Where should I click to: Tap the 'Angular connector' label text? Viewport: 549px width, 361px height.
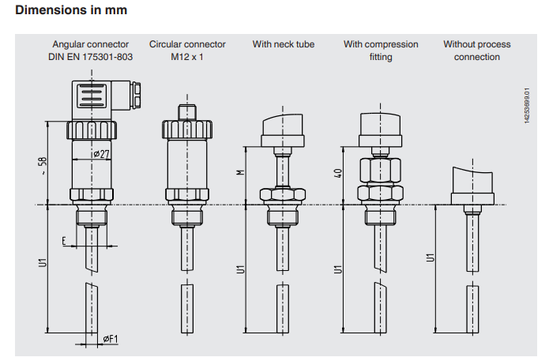[x=91, y=44]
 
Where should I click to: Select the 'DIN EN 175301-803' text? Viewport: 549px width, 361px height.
[x=91, y=57]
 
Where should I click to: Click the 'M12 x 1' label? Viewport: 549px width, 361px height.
[x=187, y=57]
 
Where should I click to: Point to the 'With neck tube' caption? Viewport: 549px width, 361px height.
[x=284, y=44]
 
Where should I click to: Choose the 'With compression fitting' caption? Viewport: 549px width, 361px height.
[x=381, y=51]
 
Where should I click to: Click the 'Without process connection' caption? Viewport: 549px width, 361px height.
[x=477, y=51]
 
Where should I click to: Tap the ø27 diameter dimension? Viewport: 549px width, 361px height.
[x=100, y=155]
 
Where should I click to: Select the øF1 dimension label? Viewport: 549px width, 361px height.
[x=110, y=340]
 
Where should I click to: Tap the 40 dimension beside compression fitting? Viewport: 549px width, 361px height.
[x=337, y=173]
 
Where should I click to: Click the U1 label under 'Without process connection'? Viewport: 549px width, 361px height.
[x=431, y=258]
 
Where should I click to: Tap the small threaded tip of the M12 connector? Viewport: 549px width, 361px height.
[x=187, y=111]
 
